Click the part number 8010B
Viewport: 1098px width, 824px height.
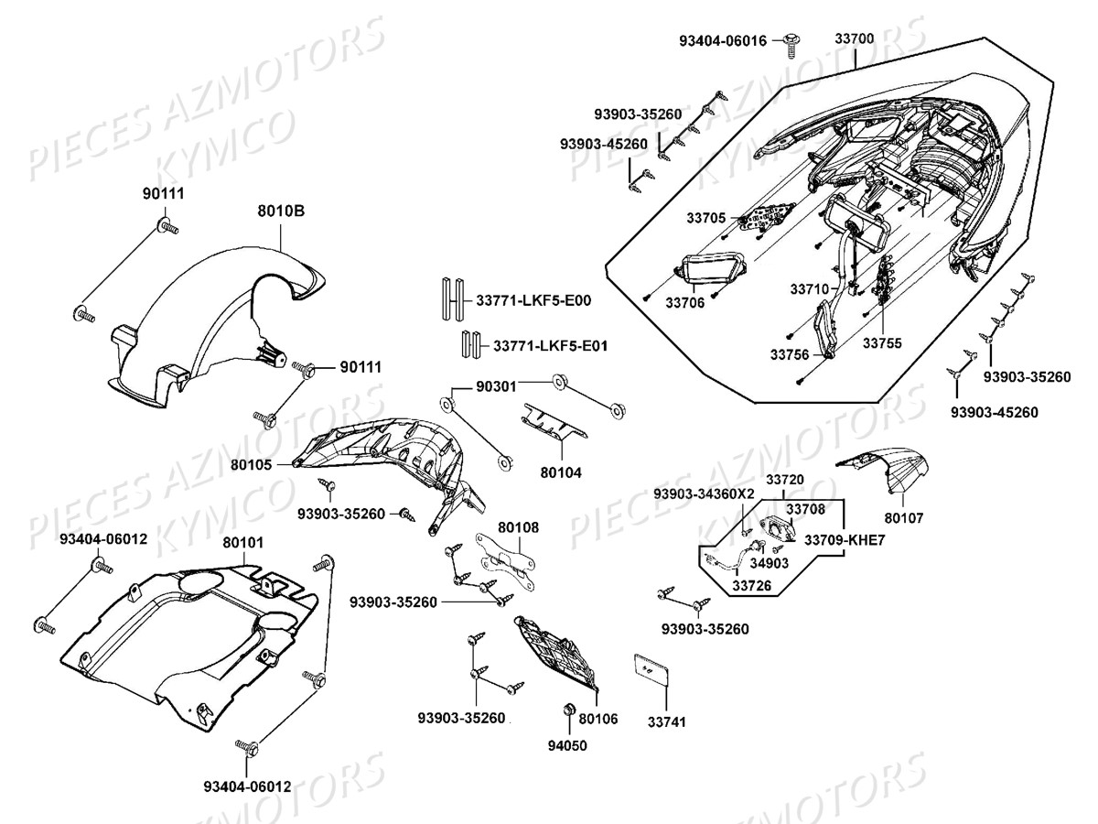point(280,211)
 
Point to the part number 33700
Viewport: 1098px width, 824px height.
point(854,38)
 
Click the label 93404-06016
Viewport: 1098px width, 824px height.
point(722,41)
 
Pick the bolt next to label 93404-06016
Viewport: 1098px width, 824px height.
point(791,42)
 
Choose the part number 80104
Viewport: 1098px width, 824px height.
point(561,472)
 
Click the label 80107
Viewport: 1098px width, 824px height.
point(904,518)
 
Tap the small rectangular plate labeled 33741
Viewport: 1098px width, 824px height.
point(648,668)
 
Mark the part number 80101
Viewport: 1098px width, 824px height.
point(243,542)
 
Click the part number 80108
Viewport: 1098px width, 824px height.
point(518,527)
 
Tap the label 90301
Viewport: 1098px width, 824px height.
point(495,387)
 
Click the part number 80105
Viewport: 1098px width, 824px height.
point(251,465)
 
